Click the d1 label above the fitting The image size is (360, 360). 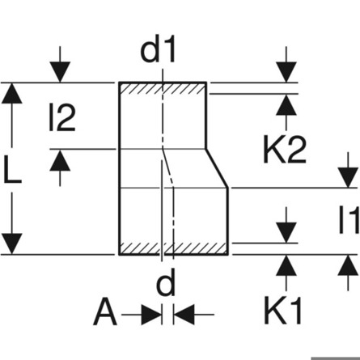158,50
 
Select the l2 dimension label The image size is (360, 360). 61,118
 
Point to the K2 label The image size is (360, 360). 285,150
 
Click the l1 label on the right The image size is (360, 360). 349,220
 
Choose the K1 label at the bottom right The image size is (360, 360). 283,310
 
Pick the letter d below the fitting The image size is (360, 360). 166,282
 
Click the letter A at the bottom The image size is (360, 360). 105,311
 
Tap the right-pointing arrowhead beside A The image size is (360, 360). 151,315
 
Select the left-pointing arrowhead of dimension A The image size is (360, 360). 184,315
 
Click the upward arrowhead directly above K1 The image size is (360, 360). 286,265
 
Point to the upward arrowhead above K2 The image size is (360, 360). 286,105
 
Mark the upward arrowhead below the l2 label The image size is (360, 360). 60,160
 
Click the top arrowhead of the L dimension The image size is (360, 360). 12,93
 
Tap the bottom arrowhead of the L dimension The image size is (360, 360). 12,244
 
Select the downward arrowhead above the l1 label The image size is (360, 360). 348,177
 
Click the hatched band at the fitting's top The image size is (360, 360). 163,89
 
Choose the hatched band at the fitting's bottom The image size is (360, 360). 174,248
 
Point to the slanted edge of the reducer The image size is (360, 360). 218,168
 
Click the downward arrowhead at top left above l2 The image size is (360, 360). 60,72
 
